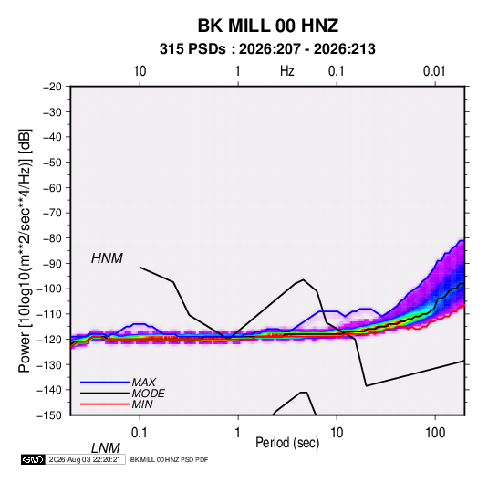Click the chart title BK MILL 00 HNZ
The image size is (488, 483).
tap(268, 26)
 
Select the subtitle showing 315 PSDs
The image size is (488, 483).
tap(267, 49)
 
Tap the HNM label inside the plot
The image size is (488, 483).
tap(107, 258)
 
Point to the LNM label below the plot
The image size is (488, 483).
tap(106, 448)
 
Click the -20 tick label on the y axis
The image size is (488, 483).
tap(52, 87)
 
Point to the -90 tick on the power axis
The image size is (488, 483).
tap(52, 263)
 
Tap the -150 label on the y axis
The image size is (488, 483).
tap(49, 415)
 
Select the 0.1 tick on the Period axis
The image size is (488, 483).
tap(140, 433)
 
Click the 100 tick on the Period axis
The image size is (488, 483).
tap(435, 433)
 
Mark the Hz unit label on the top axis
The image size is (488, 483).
tap(287, 71)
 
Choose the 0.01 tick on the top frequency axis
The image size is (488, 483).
tap(434, 71)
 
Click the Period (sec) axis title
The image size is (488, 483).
tap(287, 443)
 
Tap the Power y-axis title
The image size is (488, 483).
tap(26, 250)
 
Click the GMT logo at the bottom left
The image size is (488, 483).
tap(33, 459)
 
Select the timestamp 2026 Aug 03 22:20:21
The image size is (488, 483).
tap(85, 459)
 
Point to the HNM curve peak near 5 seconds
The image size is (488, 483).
tap(303, 279)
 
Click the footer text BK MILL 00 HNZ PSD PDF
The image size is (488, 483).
tap(169, 459)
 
